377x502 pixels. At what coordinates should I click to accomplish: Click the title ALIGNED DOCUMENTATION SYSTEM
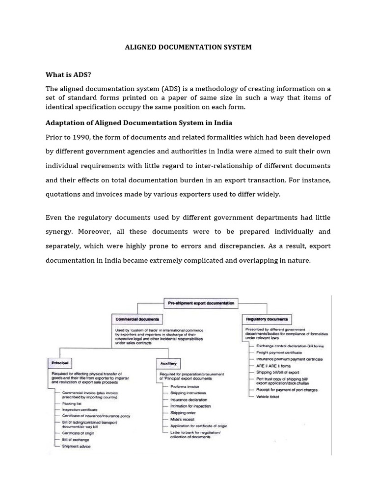click(188, 47)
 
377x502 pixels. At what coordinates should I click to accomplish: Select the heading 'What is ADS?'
click(69, 75)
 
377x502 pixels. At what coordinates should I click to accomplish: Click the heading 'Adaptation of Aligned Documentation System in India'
click(139, 123)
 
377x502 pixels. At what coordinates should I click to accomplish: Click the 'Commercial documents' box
click(137, 319)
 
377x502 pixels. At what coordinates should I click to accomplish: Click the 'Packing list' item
click(72, 403)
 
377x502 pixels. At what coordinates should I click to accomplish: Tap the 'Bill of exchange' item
click(76, 440)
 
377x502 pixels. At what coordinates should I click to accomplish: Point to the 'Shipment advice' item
click(76, 446)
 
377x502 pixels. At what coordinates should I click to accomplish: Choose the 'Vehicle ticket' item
click(268, 396)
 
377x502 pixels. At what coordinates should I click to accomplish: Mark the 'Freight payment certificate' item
click(279, 352)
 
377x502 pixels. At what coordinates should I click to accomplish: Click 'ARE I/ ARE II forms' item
click(273, 365)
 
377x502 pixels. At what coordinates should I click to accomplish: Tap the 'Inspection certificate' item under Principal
click(80, 409)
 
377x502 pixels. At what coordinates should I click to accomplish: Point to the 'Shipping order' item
click(183, 413)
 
